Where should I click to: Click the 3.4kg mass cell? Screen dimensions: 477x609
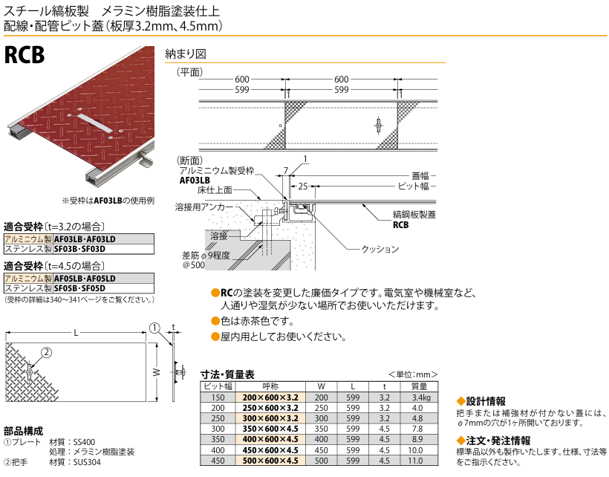418,397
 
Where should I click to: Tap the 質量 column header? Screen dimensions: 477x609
418,386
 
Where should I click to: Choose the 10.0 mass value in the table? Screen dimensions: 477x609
418,450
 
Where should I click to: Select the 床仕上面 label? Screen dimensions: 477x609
215,190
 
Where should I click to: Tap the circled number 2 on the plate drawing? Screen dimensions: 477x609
45,353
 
